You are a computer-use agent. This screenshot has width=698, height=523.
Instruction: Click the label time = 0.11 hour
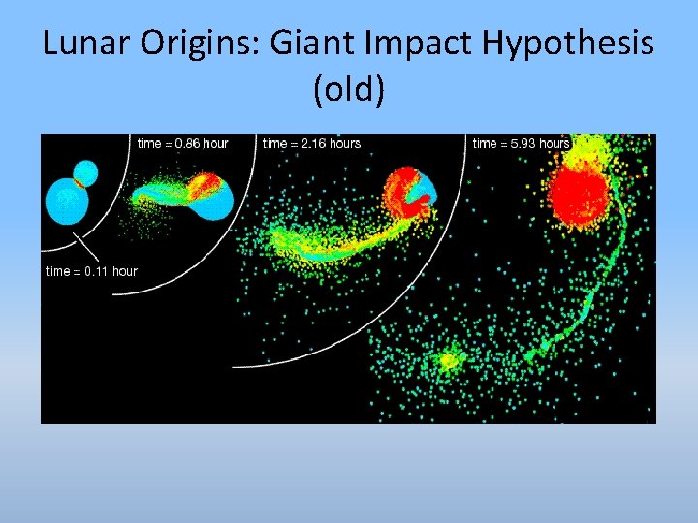click(x=92, y=271)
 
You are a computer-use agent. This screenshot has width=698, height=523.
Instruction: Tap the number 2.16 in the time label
click(x=305, y=144)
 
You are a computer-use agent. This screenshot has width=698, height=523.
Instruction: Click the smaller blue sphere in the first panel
click(x=85, y=173)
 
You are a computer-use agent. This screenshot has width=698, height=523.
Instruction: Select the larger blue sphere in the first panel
click(x=66, y=203)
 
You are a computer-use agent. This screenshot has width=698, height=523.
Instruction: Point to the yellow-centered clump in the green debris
click(x=447, y=361)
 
